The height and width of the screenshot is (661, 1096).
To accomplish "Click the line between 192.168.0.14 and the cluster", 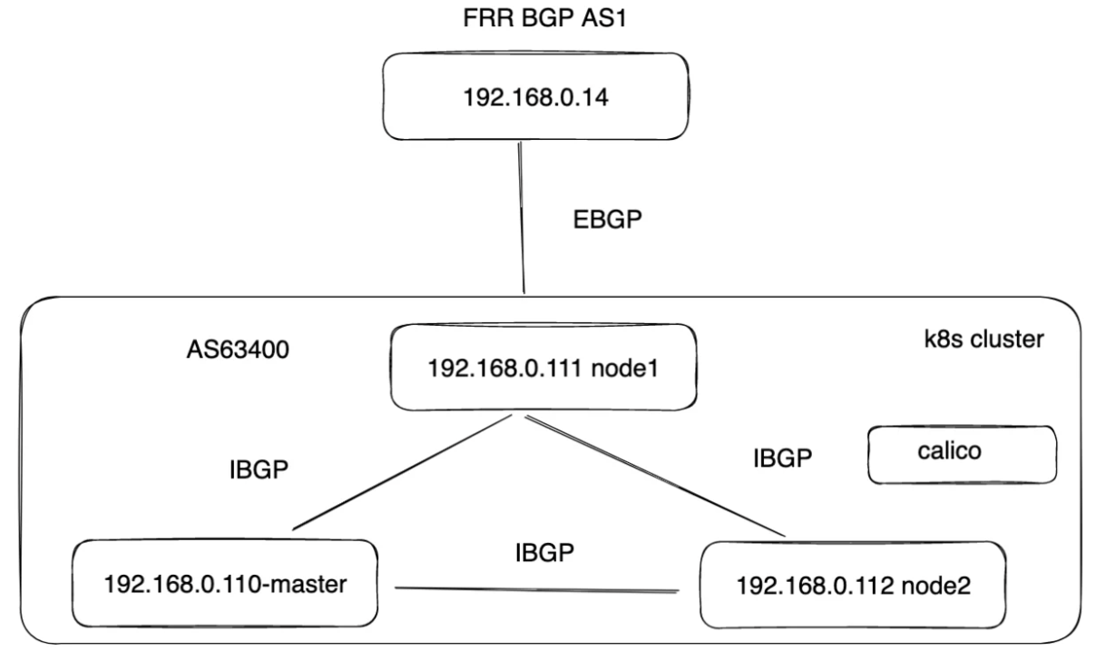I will pos(523,218).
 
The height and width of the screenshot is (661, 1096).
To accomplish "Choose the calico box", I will pos(962,453).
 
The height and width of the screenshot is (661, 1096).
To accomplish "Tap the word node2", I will pos(939,587).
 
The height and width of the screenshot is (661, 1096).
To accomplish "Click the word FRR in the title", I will pos(479,19).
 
